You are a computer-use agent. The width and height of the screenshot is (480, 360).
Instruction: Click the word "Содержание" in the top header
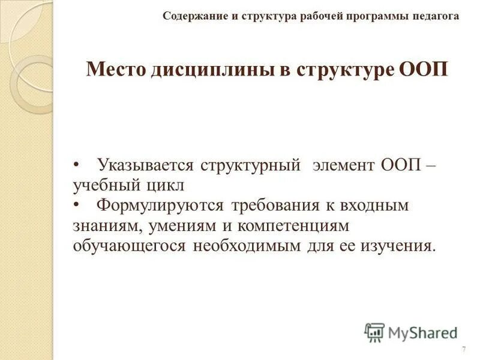point(193,16)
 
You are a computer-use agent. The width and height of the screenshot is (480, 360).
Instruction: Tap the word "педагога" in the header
point(436,16)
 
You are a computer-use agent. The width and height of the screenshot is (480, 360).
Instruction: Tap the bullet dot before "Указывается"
point(76,164)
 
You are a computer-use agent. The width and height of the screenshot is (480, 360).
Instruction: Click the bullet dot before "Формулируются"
point(76,205)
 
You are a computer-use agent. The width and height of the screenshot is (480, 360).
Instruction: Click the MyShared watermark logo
point(411,332)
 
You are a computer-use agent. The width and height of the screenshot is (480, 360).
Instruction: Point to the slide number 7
point(464,350)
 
